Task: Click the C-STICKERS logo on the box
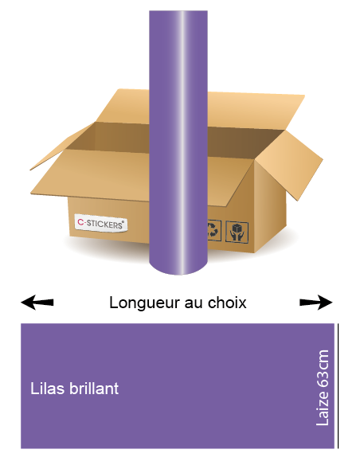pyautogui.click(x=101, y=223)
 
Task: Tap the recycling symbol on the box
pyautogui.click(x=214, y=230)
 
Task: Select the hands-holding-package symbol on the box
pyautogui.click(x=237, y=232)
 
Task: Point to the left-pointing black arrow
pyautogui.click(x=37, y=303)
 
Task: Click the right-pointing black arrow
pyautogui.click(x=316, y=303)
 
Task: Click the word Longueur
pyautogui.click(x=145, y=303)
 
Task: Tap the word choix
pyautogui.click(x=227, y=303)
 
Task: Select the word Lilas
pyautogui.click(x=48, y=389)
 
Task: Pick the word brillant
pyautogui.click(x=94, y=389)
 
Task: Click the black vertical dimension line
pyautogui.click(x=338, y=385)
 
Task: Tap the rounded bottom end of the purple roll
pyautogui.click(x=178, y=268)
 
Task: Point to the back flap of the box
pyautogui.click(x=255, y=111)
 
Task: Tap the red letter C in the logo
pyautogui.click(x=80, y=221)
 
